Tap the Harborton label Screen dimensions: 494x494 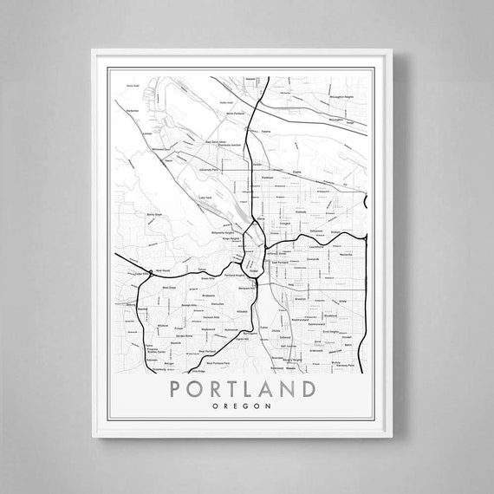point(133,111)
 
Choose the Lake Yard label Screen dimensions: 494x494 point(205,198)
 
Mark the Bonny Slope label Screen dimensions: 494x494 point(130,211)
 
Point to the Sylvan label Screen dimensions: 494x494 point(200,271)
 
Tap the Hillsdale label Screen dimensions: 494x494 point(242,310)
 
